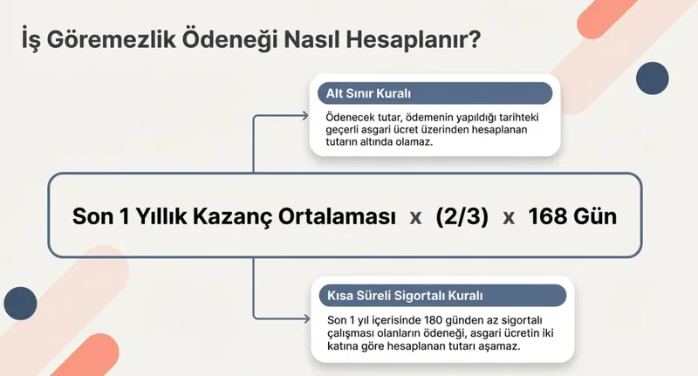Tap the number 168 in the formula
point(549,216)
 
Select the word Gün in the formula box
point(595,216)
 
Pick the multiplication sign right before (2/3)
point(415,217)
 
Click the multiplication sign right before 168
point(509,217)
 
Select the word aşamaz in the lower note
point(501,345)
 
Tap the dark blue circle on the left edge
point(20,303)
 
